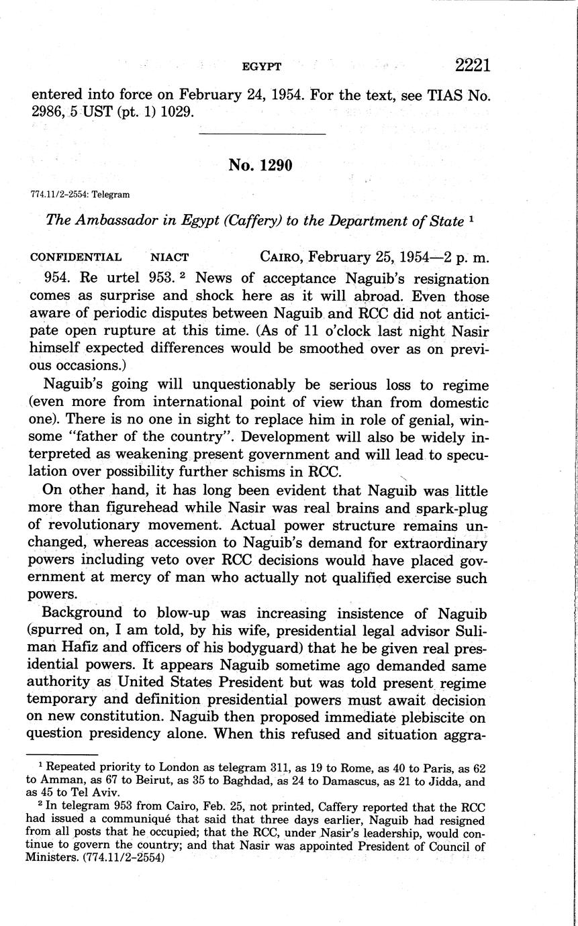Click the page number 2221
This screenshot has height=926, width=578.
473,65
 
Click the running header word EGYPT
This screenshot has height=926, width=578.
261,66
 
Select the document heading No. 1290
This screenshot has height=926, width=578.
261,164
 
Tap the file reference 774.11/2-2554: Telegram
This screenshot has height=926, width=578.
80,195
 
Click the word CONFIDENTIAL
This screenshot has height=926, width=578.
76,257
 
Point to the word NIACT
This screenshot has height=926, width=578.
171,257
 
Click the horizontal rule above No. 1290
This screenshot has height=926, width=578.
262,134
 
